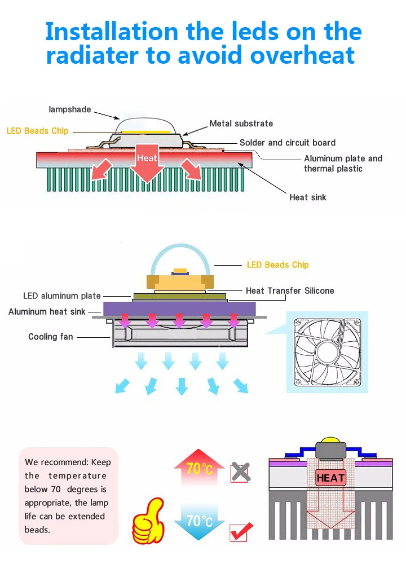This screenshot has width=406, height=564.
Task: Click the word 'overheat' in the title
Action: [302, 55]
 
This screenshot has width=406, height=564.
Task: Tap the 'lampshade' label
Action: [70, 109]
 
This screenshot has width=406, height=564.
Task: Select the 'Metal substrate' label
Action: [241, 124]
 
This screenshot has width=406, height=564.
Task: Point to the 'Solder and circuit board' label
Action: [288, 143]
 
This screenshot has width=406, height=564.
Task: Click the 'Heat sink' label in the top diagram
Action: [307, 197]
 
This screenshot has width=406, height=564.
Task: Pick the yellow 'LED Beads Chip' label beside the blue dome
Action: [277, 265]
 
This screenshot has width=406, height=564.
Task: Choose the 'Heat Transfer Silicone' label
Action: [290, 290]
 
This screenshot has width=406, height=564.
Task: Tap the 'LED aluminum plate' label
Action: [62, 296]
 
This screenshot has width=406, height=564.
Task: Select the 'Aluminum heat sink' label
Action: [47, 311]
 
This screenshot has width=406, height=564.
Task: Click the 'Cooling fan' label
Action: [50, 337]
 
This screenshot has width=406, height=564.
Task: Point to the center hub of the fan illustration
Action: [326, 352]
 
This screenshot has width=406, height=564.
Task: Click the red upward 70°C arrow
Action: [199, 466]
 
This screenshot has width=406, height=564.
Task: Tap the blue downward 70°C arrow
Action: [199, 521]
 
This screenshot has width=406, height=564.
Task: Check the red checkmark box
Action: [241, 532]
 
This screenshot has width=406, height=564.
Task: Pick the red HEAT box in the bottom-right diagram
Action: [330, 478]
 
